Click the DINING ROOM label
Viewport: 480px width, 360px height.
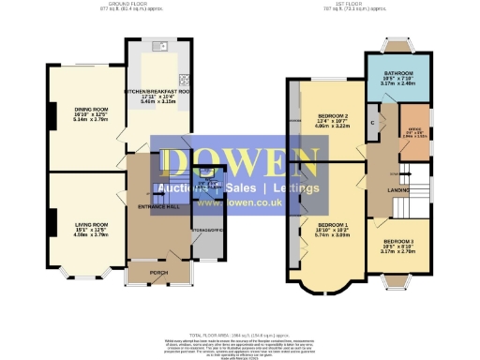[x=92, y=109]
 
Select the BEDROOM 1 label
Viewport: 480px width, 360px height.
[x=333, y=225]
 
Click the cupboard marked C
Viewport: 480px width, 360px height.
[x=373, y=124]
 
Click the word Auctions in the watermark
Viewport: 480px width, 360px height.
[x=186, y=187]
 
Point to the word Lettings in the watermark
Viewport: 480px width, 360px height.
[x=292, y=187]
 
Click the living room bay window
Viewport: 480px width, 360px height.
[x=79, y=273]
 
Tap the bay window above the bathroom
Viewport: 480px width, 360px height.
[x=394, y=45]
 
